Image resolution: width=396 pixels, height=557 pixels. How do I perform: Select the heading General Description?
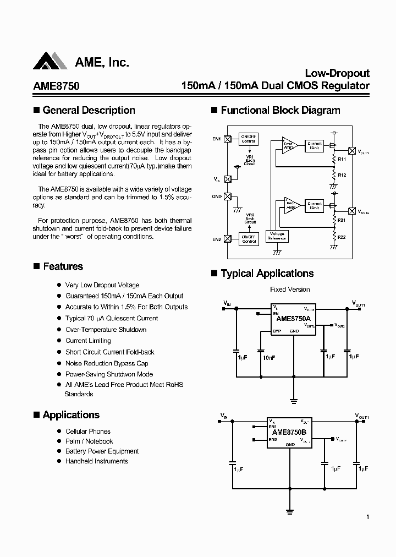(x=89, y=111)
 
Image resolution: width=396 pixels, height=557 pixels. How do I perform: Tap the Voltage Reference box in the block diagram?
(x=277, y=236)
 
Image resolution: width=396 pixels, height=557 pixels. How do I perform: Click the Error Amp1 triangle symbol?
(x=290, y=146)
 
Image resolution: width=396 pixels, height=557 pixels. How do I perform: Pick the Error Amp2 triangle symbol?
(x=290, y=205)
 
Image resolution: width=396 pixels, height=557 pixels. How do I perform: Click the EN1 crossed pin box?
(x=227, y=139)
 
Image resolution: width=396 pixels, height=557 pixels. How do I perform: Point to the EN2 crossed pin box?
(x=227, y=239)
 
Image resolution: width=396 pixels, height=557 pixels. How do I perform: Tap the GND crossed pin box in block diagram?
(x=227, y=196)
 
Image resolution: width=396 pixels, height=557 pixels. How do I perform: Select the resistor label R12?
(x=342, y=174)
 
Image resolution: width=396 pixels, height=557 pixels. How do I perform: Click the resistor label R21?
(x=342, y=220)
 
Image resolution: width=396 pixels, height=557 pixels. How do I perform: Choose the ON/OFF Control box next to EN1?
(x=249, y=139)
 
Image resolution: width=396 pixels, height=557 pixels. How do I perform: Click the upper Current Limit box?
(x=315, y=146)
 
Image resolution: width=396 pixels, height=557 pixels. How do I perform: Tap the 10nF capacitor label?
(x=269, y=357)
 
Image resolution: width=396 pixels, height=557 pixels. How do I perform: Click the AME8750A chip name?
(x=294, y=318)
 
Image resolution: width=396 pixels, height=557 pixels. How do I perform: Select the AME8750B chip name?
(x=290, y=433)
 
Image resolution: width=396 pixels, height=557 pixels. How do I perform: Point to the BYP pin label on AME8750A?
(x=277, y=331)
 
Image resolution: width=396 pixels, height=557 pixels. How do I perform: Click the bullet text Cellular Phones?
(x=88, y=432)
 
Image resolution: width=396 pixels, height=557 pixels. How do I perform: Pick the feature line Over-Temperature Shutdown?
(x=106, y=330)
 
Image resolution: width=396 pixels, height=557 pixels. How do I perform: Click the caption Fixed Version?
(x=290, y=290)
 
